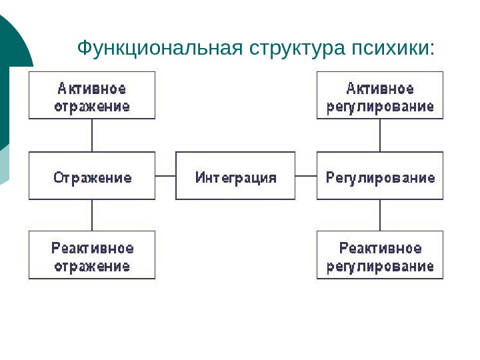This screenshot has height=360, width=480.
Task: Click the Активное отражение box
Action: coord(92,96)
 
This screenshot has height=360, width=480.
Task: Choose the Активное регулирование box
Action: coord(380,96)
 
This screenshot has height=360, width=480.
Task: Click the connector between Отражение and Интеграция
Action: coord(165,176)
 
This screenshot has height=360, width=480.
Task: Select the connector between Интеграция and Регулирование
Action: coord(306,176)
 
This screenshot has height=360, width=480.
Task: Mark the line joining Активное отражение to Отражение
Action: coord(92,135)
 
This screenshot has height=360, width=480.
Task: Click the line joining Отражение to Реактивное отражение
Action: coord(92,215)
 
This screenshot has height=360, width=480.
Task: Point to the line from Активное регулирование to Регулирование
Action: coord(380,135)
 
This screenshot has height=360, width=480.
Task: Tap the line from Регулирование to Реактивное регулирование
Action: coord(380,215)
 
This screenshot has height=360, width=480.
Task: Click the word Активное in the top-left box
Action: coord(92,88)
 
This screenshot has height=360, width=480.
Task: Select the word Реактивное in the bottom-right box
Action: coord(380,248)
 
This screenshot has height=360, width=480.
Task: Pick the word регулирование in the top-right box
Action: coord(380,106)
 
